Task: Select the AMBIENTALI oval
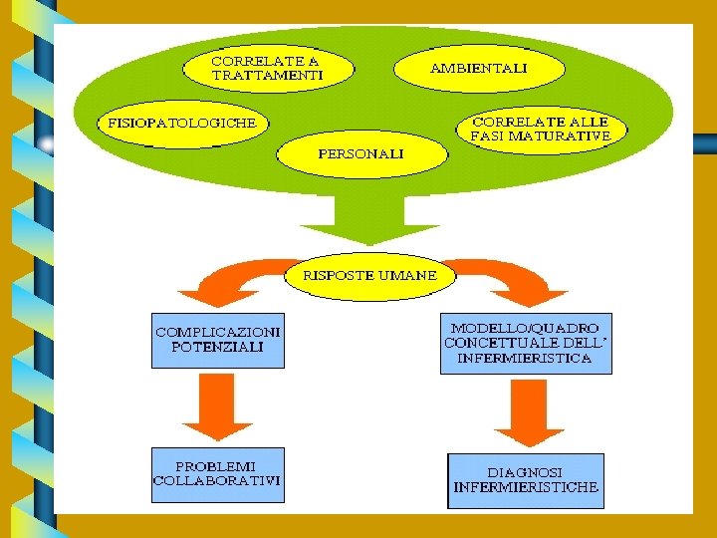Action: (479, 69)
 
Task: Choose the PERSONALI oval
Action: (360, 153)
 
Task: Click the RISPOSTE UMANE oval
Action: (369, 275)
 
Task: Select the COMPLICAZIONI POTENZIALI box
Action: (218, 340)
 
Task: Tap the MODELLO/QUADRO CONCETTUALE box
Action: (526, 343)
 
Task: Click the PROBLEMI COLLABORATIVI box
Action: (217, 473)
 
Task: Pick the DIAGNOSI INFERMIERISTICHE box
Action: (526, 480)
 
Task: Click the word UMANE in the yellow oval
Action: (405, 275)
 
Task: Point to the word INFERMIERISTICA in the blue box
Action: (525, 358)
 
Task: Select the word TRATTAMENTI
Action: (267, 75)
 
